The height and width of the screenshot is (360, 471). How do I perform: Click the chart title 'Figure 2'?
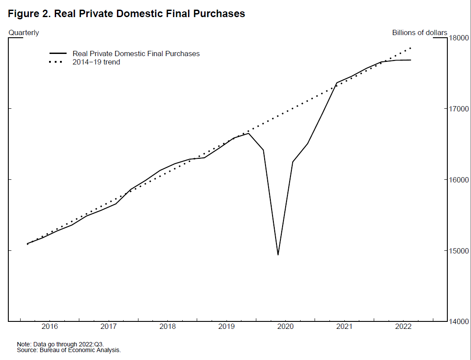click(x=126, y=14)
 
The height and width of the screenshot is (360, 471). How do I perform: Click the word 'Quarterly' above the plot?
click(x=24, y=33)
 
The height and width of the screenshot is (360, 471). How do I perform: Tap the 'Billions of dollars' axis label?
click(x=419, y=33)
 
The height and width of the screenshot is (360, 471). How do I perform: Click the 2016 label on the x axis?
click(x=50, y=327)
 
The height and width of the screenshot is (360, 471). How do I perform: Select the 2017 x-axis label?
click(x=108, y=327)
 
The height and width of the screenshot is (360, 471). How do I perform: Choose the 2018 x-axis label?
click(x=167, y=327)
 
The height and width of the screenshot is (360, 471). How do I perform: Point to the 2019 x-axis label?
click(x=227, y=327)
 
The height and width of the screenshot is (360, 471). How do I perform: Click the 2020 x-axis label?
click(x=286, y=327)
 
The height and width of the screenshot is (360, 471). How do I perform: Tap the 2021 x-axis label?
click(x=344, y=327)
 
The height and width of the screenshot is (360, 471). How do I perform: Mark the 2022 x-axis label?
click(x=403, y=327)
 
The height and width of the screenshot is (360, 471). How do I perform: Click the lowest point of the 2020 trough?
click(x=278, y=255)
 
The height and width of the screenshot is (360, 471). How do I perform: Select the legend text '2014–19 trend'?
click(x=96, y=62)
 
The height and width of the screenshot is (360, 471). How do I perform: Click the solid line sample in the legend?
click(x=57, y=53)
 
